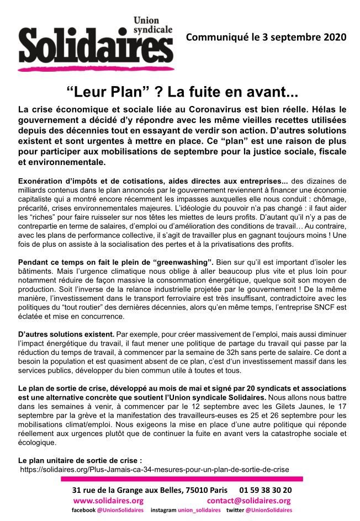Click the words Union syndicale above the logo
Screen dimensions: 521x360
click(x=153, y=25)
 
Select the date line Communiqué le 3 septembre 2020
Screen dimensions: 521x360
click(x=266, y=38)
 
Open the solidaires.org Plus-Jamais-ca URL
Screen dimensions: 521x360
click(x=155, y=469)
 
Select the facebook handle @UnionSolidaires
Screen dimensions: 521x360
click(x=120, y=511)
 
